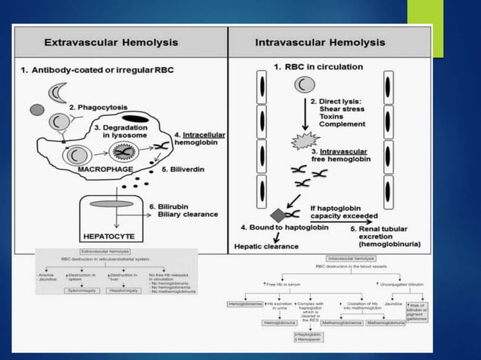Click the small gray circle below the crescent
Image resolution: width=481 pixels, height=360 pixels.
[37, 110]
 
